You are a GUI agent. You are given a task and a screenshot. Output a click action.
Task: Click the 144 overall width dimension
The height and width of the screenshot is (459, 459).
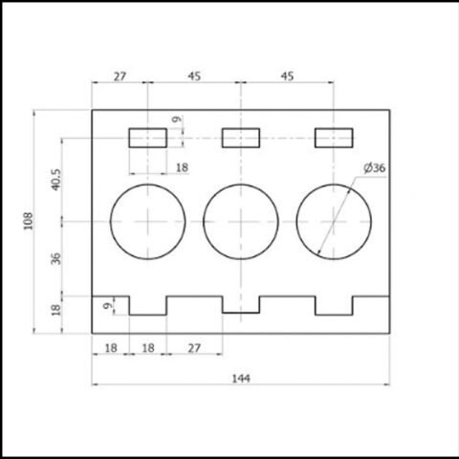coord(241,379)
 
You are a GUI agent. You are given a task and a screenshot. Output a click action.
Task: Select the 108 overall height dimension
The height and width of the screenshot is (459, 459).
coord(28,221)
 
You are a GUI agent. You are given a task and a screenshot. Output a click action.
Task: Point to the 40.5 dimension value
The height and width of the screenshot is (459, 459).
coord(55,180)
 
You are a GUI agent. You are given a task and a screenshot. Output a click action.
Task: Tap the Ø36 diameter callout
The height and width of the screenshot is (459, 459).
coord(375,167)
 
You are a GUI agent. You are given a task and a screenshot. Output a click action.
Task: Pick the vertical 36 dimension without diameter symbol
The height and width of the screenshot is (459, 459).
coord(55,258)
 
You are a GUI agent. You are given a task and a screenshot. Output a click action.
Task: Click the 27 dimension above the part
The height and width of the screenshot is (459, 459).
coord(120,76)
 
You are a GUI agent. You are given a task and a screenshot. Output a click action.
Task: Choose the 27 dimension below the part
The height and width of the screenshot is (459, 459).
coord(194,348)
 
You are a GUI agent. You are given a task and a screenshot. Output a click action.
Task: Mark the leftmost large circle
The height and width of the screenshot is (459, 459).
coord(110,222)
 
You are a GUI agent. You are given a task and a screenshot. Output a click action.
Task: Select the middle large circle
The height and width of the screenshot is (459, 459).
coord(204,222)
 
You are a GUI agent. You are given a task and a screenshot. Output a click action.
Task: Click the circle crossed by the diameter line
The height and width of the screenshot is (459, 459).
coord(296,222)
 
